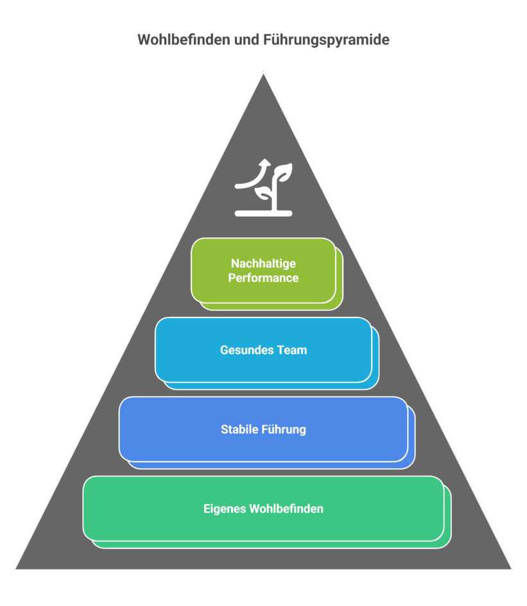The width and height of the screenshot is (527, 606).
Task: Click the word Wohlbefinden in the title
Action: [182, 40]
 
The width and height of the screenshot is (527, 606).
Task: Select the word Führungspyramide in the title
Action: [326, 40]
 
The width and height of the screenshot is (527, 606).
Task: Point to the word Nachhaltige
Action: [263, 264]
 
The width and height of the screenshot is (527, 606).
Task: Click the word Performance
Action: [263, 278]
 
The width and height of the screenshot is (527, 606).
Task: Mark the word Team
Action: [292, 350]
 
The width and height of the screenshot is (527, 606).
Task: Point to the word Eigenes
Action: [225, 509]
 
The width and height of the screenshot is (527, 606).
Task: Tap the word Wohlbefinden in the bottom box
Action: [286, 509]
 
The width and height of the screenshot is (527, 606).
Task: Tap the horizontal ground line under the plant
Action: [263, 213]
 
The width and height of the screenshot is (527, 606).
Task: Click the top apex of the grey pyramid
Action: [263, 74]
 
